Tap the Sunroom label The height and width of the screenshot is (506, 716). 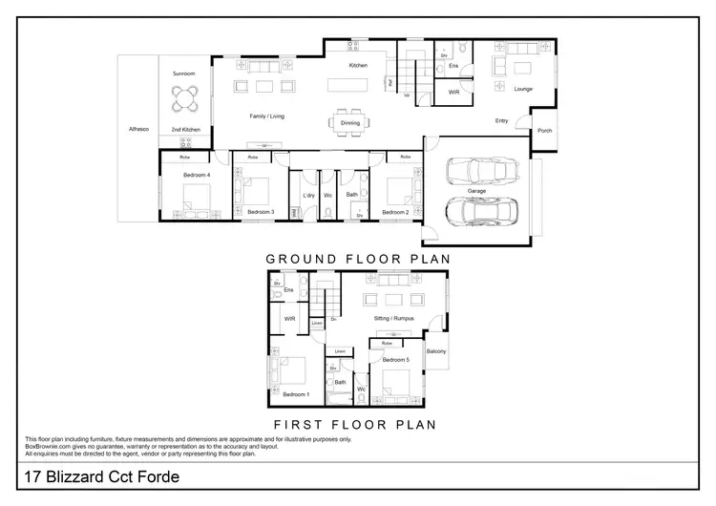coord(185,73)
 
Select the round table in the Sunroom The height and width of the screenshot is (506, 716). coord(185,99)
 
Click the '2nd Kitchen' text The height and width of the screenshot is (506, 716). coord(185,129)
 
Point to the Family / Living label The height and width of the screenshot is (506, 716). coord(267,116)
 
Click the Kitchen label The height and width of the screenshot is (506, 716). coord(358,65)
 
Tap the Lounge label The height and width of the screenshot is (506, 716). coord(522,90)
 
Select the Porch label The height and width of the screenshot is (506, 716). coord(544,131)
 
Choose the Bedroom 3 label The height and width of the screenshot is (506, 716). coord(261,212)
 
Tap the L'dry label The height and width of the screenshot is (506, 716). coord(308,196)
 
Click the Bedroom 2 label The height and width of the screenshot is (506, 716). coord(395,212)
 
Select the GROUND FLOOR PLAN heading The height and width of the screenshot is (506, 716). coord(357,258)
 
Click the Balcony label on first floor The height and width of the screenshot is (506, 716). coord(436,351)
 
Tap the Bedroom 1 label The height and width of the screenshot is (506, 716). coord(296,394)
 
